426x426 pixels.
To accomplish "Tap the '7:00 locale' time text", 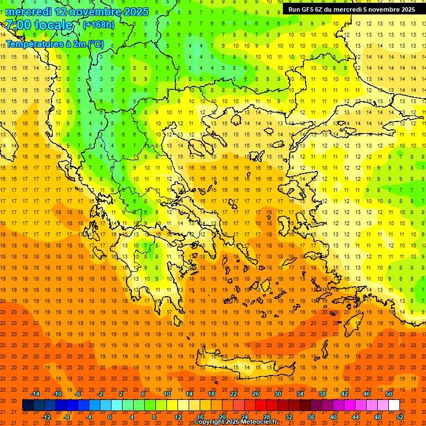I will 39,25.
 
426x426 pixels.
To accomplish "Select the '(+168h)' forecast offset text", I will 99,25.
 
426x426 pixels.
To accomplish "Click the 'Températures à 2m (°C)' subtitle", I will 54,44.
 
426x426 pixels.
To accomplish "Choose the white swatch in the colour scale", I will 394,405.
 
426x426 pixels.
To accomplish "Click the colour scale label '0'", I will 110,417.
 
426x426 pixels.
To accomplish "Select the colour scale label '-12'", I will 46,417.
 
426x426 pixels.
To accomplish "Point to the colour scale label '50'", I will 389,394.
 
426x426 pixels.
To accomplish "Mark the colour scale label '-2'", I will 100,394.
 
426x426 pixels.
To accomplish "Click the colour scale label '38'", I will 322,394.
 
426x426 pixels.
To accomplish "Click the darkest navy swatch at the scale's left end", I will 28,405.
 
